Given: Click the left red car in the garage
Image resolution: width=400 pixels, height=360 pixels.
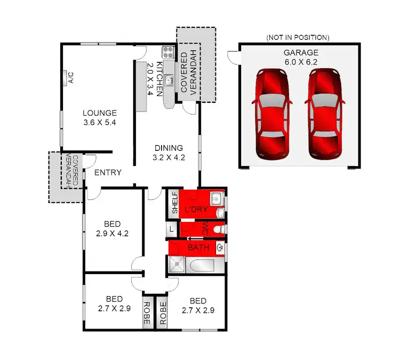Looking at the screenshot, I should click(x=273, y=114).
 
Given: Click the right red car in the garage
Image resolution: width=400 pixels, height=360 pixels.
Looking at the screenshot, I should click(x=325, y=114).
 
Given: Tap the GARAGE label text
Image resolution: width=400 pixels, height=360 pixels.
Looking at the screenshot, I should click(x=301, y=52).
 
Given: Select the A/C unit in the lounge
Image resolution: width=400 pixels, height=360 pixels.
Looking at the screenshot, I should click(x=70, y=78).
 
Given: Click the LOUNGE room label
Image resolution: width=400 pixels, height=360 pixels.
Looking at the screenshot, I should click(x=99, y=113).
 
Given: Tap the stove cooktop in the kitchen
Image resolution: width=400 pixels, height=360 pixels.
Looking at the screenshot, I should click(x=168, y=52).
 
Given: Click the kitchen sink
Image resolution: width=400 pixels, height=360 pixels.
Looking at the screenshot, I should click(x=168, y=81).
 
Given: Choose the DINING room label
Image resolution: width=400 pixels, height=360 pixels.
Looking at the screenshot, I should click(x=169, y=148).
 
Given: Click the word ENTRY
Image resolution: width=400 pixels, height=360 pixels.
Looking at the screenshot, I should click(x=108, y=173).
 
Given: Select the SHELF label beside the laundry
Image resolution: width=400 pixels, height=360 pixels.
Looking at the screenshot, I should click(x=174, y=203).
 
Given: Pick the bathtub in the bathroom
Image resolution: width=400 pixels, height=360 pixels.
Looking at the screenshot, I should click(x=204, y=265).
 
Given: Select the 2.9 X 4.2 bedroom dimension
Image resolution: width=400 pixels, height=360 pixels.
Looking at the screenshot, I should click(x=112, y=233).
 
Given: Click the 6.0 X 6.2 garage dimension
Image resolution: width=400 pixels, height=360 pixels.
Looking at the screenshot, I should click(x=301, y=61).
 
